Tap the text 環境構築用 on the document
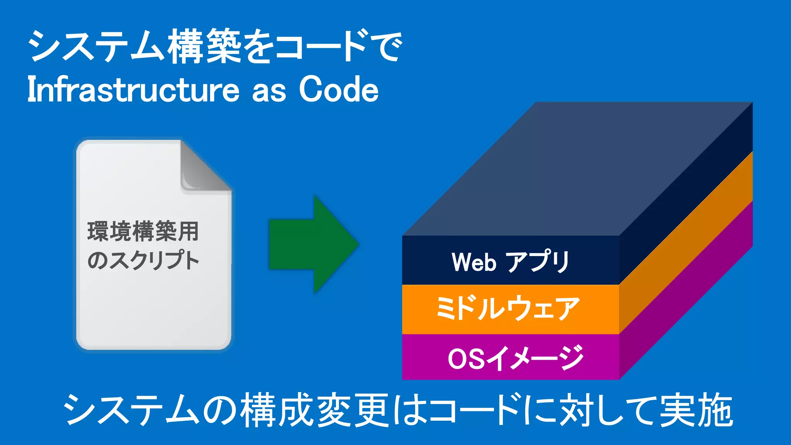(x=143, y=232)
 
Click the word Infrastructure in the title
(x=133, y=90)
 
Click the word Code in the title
(x=339, y=90)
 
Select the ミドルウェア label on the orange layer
(x=508, y=309)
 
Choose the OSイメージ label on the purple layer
(x=516, y=358)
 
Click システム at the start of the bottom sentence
(x=131, y=411)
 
